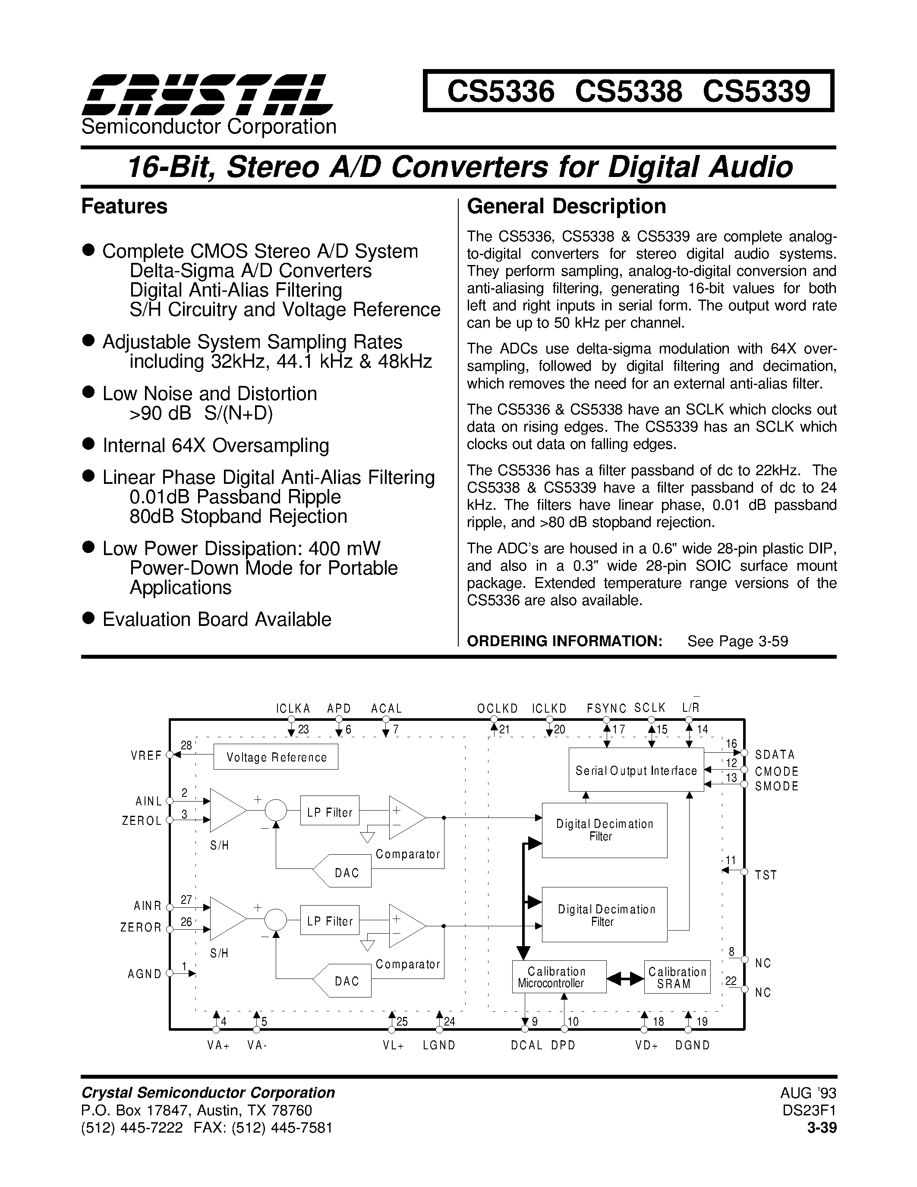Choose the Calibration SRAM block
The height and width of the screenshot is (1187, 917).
(677, 977)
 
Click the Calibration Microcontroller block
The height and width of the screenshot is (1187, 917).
(558, 977)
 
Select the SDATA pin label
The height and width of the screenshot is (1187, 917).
(775, 755)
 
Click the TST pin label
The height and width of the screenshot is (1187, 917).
(766, 874)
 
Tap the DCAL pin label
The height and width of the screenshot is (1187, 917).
(526, 1045)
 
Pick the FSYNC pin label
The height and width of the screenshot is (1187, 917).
(606, 709)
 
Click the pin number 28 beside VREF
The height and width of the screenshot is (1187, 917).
(186, 746)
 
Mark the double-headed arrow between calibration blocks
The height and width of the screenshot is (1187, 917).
(625, 978)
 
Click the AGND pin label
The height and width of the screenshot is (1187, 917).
(145, 974)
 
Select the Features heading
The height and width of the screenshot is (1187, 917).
(124, 206)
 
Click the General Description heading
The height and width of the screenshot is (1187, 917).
(566, 206)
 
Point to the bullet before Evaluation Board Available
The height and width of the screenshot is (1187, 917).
(88, 618)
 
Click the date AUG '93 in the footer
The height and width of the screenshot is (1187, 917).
(808, 1093)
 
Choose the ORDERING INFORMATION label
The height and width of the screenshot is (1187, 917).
(564, 641)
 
